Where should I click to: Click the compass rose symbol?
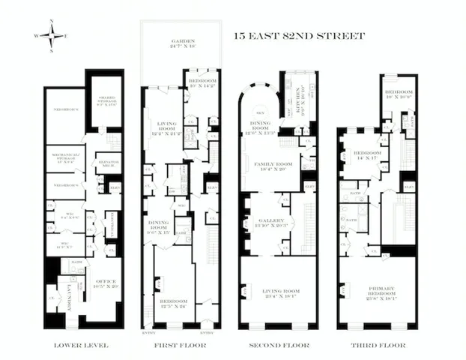click(x=50, y=34)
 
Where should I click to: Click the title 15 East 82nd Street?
click(x=299, y=35)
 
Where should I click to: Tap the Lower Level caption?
click(x=82, y=346)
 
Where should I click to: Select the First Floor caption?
click(x=179, y=346)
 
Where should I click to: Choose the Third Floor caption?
click(x=379, y=346)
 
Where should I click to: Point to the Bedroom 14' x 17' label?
click(x=369, y=154)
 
